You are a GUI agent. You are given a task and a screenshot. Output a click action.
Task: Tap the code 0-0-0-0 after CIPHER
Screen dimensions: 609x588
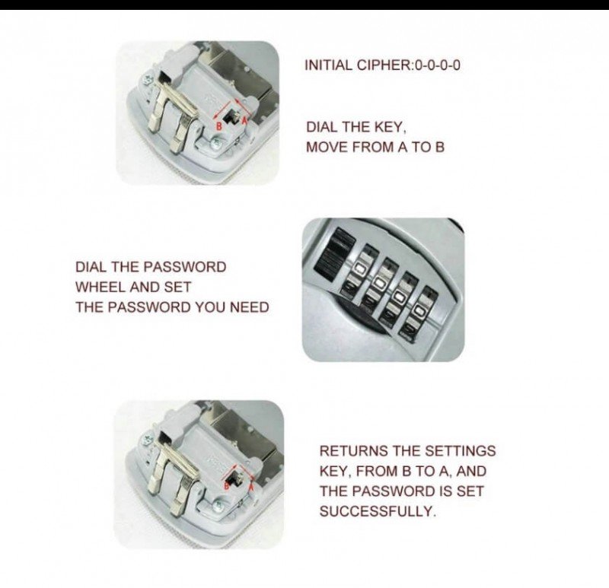coord(437,65)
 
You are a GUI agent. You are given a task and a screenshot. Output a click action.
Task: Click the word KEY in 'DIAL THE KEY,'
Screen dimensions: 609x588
coord(390,127)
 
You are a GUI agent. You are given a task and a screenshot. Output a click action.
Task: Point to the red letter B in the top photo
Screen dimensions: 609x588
coord(219,126)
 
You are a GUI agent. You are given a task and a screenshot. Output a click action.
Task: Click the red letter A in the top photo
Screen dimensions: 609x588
coord(244,120)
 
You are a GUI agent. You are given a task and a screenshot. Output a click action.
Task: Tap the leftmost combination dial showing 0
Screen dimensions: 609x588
coord(359,269)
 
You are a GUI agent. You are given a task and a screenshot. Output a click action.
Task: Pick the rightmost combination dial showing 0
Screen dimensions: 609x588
coord(420,313)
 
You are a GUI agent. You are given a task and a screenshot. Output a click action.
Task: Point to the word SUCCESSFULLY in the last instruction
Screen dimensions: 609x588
coord(377,511)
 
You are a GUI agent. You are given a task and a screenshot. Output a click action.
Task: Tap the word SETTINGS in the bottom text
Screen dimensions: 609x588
coord(461,451)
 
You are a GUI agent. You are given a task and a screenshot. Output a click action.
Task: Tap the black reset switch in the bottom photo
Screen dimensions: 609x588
coord(234,478)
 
